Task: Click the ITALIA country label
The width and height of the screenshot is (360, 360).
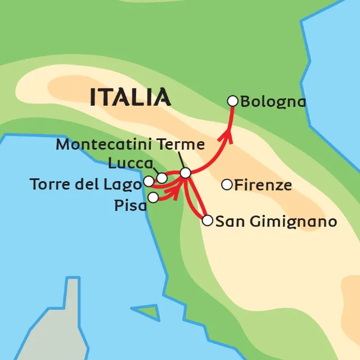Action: (130, 97)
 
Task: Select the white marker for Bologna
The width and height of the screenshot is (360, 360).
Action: (232, 101)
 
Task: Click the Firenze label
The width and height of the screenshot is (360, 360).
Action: (263, 184)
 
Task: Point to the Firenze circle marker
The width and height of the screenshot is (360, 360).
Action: (227, 184)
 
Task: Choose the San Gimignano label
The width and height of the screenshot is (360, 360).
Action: (276, 222)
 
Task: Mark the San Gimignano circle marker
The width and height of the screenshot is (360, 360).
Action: (207, 220)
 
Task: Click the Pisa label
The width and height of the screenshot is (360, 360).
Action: (130, 205)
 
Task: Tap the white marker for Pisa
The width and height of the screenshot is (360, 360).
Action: (153, 197)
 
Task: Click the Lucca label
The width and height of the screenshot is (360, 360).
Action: (130, 164)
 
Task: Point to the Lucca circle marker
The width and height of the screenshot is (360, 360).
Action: (162, 178)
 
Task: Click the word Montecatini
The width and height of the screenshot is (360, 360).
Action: (105, 145)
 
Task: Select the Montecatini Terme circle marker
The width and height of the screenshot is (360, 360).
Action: (185, 173)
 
